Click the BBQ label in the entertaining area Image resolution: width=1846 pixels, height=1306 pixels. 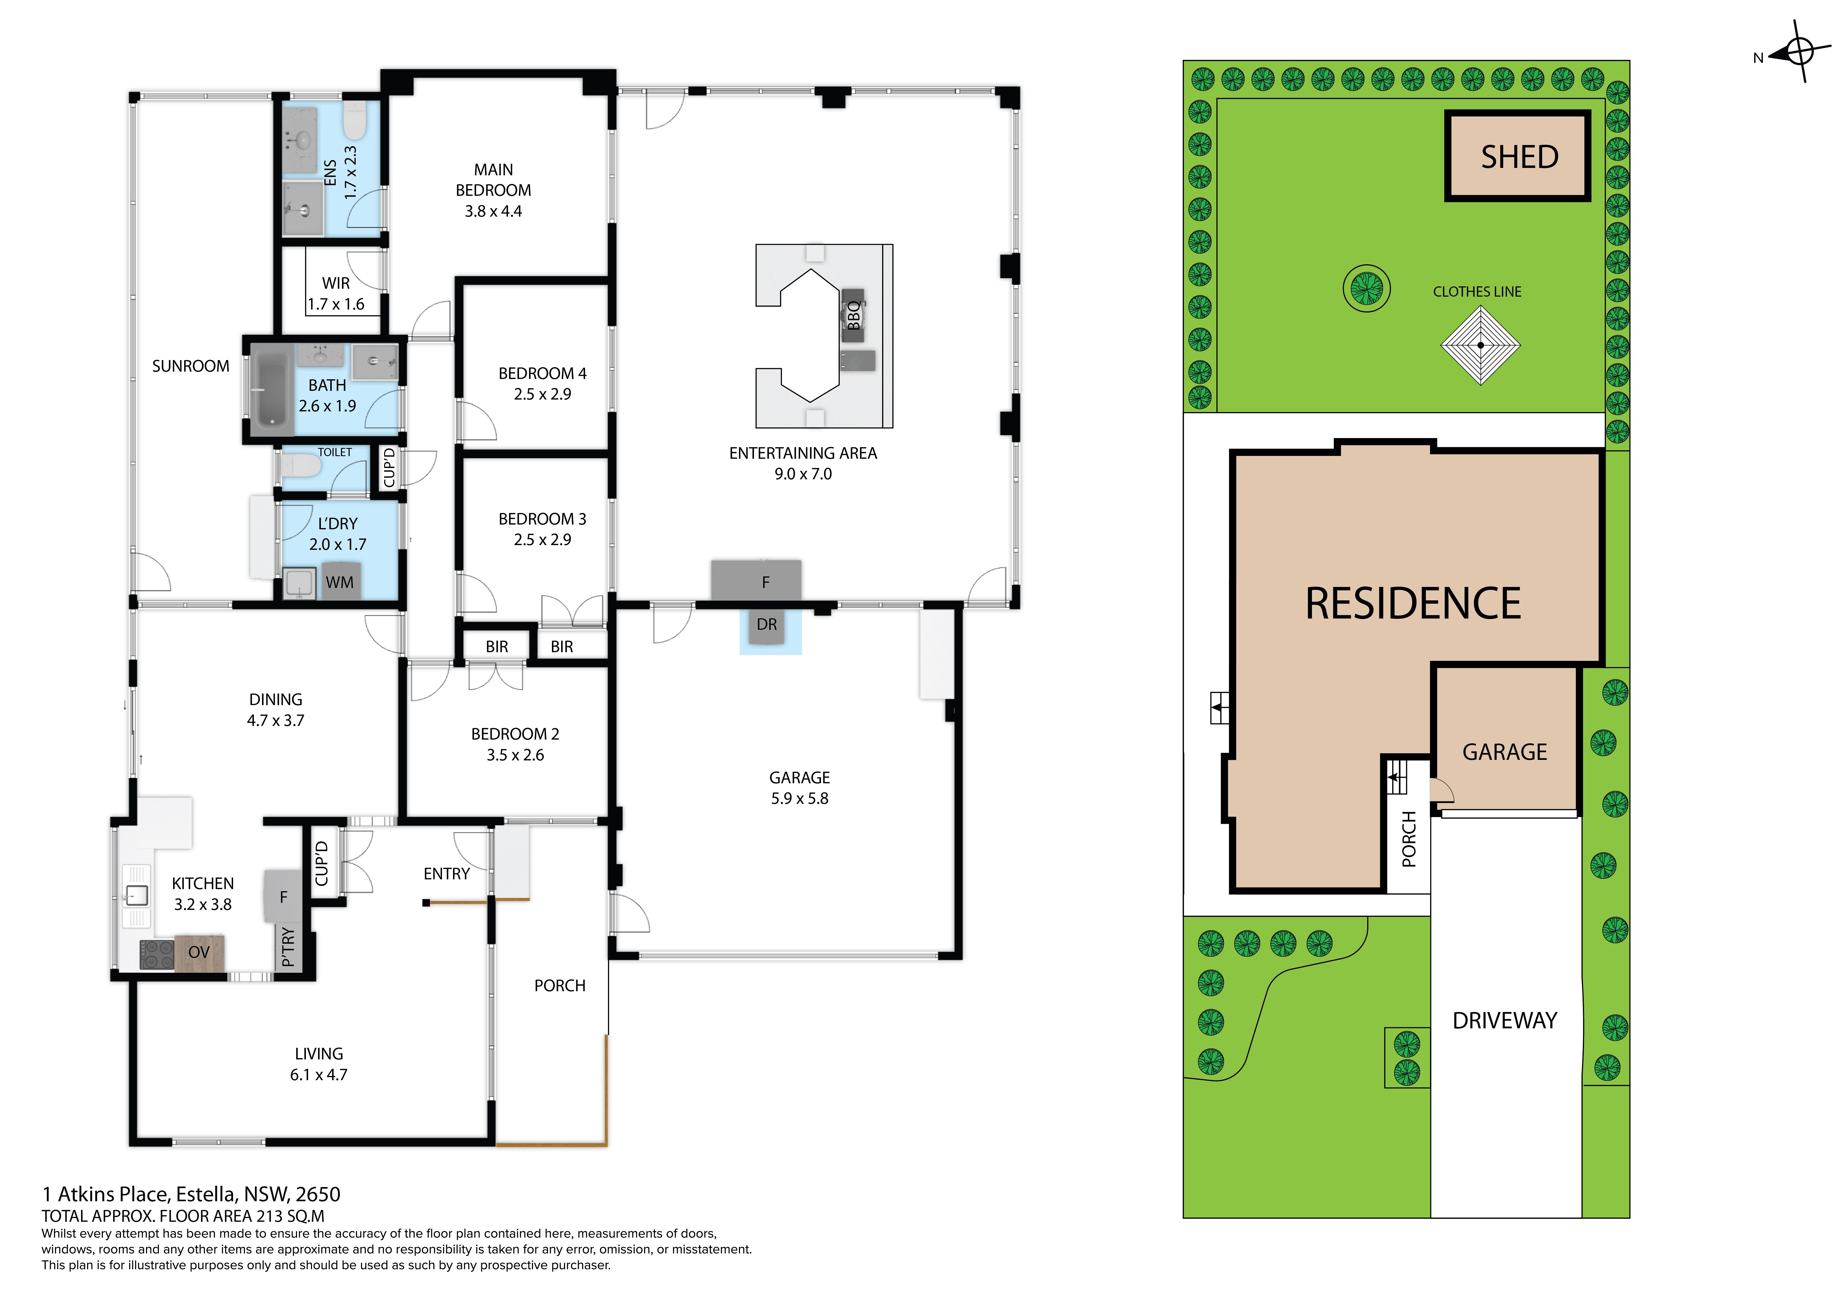coord(854,315)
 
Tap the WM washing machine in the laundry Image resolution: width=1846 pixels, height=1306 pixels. coord(339,583)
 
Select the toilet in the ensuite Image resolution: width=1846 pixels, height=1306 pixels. coord(355,120)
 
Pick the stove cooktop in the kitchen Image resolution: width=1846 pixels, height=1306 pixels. coord(157,955)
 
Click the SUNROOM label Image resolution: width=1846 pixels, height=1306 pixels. coord(190,367)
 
